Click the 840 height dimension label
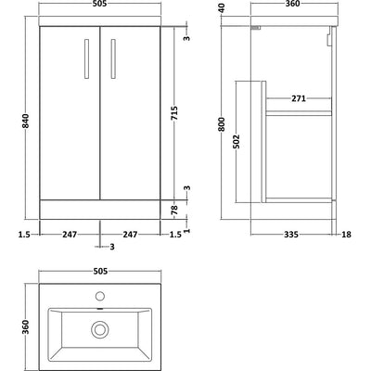coord(26,122)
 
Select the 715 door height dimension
coord(174,113)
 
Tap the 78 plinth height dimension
coord(174,210)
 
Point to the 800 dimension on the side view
coord(222,124)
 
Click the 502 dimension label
coord(237,141)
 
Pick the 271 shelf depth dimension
coord(299,98)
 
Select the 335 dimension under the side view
coord(291,235)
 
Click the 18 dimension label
coord(347,235)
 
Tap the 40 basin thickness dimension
coord(222,7)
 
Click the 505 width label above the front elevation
coord(100,4)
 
